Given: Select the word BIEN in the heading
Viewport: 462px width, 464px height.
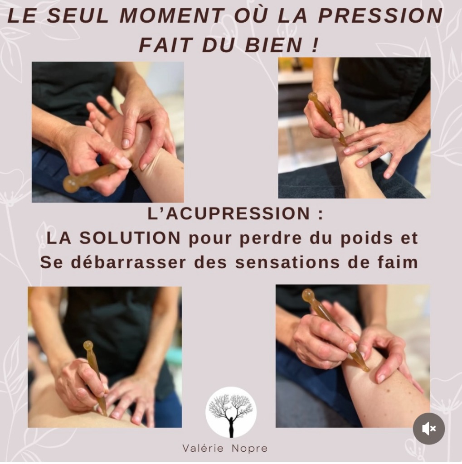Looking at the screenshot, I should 281,45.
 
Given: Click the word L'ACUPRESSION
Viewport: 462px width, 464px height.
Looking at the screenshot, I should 230,214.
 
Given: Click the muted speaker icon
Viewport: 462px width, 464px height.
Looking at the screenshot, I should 428,429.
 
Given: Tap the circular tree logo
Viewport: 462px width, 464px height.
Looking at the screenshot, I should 231,412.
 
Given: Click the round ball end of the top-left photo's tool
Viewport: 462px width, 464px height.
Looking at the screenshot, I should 71,184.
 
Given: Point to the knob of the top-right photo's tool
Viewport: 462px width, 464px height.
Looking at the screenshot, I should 313,97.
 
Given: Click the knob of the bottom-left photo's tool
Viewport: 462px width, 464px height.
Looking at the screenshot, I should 88,345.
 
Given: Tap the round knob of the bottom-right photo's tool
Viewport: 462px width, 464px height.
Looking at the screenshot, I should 308,296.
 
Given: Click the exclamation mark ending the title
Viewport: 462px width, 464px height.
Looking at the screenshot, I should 315,45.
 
